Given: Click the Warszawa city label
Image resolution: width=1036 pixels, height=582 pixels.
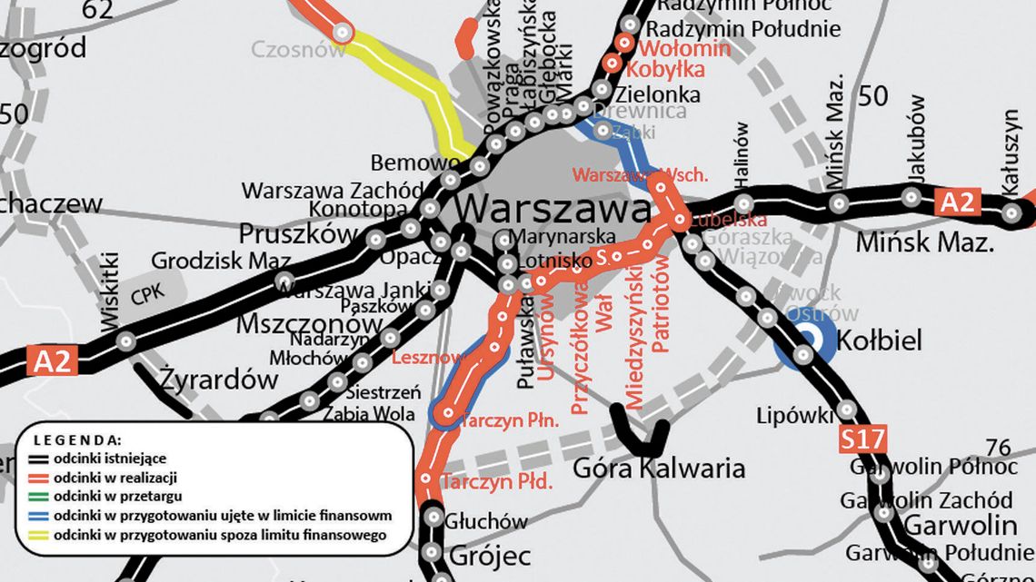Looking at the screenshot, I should click(553, 209).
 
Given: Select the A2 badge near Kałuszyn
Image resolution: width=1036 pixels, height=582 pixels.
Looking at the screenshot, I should click(956, 202).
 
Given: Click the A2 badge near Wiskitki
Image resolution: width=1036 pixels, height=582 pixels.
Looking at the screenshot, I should click(52, 361).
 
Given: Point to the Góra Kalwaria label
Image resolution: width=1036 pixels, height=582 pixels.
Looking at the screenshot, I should click(659, 469).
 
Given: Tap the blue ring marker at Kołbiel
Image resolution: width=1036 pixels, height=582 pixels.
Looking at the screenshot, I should click(805, 342).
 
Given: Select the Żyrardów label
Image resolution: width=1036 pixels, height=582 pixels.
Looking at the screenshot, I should click(221, 380).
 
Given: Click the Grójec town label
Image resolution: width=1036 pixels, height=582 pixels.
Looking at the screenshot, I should click(478, 553).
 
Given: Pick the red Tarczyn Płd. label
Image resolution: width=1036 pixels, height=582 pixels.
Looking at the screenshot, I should click(496, 482).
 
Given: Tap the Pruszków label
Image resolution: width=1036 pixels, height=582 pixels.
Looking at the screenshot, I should click(298, 233).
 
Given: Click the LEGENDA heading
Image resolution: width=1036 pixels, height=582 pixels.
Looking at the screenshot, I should click(83, 439).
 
